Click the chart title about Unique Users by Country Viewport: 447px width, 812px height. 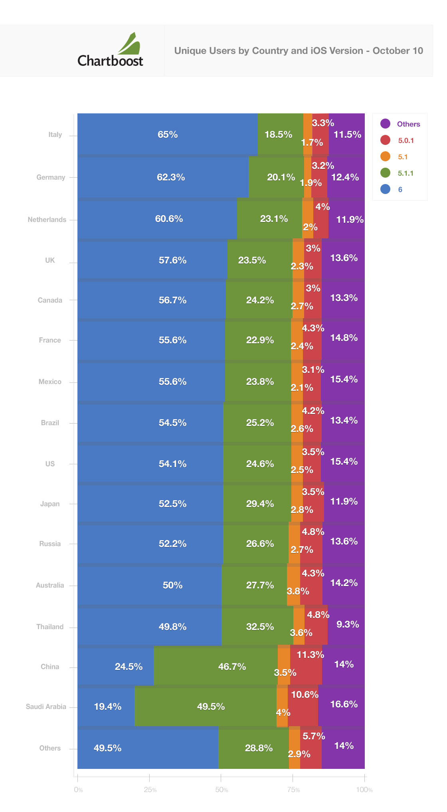pos(298,51)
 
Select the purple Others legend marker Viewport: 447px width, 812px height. pos(385,124)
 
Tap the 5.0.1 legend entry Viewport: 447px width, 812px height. pos(405,141)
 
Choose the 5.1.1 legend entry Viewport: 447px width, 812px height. pos(405,173)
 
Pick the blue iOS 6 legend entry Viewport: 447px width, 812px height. pos(400,190)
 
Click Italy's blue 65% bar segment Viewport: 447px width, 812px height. pos(168,135)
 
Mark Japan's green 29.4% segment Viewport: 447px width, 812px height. pos(257,504)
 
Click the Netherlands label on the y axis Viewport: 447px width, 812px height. pos(47,220)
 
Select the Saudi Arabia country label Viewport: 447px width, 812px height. pos(46,707)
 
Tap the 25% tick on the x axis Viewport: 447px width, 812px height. pos(150,790)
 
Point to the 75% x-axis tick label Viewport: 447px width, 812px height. pos(293,790)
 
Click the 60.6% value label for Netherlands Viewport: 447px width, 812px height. pos(169,219)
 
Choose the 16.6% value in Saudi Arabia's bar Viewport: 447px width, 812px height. pos(344,704)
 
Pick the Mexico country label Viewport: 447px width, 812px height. pos(50,382)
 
